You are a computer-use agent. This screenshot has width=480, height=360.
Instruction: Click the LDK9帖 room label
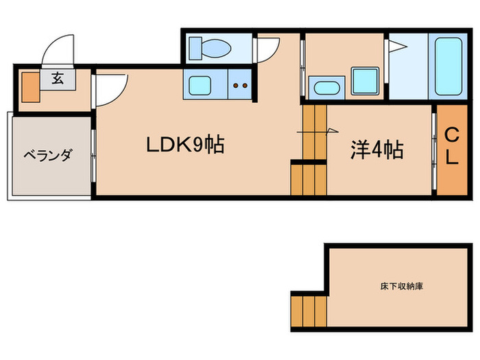[184, 145]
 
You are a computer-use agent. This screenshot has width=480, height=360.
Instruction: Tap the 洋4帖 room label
[376, 149]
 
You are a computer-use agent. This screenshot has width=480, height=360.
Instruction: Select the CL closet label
[451, 145]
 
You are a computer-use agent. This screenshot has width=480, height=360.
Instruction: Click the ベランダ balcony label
[47, 156]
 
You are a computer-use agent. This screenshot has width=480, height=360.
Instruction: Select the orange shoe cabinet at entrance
[29, 84]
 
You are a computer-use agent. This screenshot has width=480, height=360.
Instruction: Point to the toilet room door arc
[268, 49]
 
